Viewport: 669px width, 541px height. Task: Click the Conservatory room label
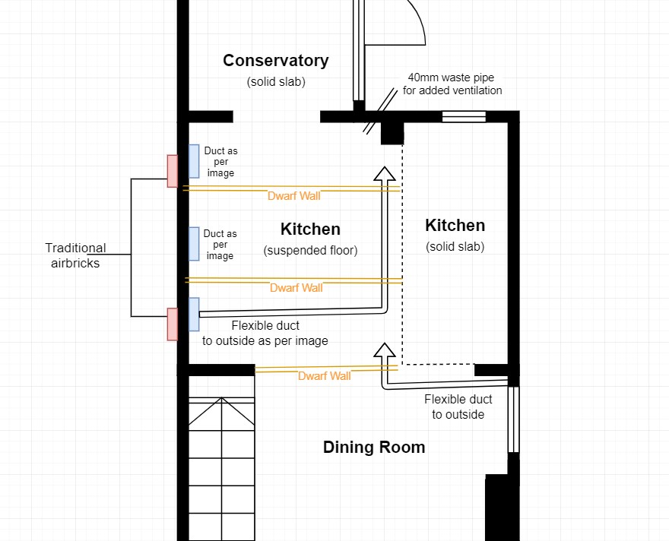275,61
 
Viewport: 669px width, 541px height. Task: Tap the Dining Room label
374,448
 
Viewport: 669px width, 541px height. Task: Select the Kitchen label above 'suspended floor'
310,229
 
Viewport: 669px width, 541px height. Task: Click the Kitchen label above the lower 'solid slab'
455,226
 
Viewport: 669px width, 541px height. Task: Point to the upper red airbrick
173,171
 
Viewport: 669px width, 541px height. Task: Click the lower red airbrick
173,324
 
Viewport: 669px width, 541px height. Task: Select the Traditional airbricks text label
75,255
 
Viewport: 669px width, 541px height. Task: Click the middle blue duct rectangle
194,244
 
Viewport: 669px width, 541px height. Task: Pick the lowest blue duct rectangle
194,314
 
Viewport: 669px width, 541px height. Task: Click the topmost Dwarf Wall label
293,196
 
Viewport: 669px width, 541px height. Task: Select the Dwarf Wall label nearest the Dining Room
324,376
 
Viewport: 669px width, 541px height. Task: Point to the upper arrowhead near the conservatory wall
385,174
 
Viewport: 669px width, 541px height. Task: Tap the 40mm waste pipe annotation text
452,84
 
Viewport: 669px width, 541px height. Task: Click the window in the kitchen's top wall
464,116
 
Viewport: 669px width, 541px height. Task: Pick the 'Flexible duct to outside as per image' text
265,333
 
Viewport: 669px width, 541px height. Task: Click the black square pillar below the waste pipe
392,133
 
